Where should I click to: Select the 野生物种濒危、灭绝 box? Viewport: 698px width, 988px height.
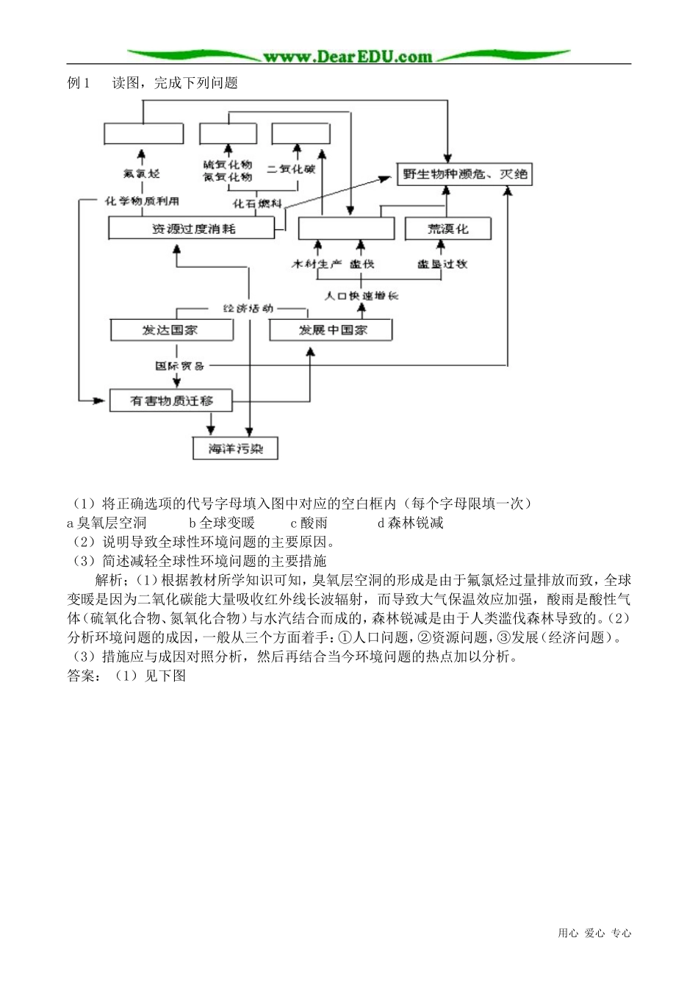[x=464, y=174]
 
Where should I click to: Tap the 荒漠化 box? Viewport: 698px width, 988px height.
[x=447, y=229]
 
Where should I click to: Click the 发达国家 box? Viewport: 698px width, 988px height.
[x=172, y=330]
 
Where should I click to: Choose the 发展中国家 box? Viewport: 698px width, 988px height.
[x=331, y=330]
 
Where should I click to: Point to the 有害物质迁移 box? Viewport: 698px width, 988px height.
[x=171, y=401]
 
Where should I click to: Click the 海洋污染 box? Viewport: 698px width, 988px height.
[x=235, y=448]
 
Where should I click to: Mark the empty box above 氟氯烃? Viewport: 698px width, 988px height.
[x=143, y=134]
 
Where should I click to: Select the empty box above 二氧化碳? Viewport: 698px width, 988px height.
[x=301, y=134]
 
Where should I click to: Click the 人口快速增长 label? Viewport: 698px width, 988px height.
[x=361, y=295]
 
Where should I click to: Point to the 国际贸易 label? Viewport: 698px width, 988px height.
[x=179, y=365]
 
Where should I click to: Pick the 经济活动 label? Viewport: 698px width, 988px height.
[x=248, y=309]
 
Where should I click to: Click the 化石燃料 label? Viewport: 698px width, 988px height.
[x=256, y=203]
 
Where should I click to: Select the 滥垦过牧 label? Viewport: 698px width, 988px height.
[x=442, y=263]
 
